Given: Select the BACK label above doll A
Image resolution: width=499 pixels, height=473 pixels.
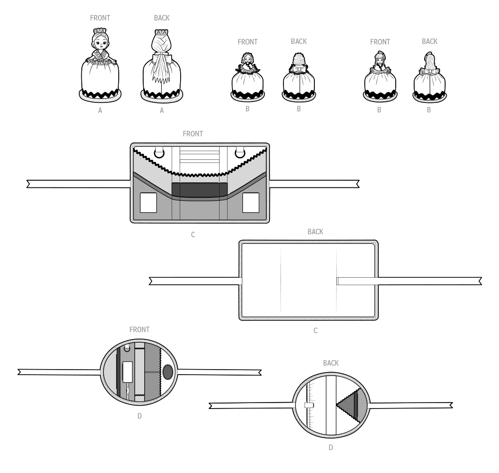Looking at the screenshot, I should tap(162, 18).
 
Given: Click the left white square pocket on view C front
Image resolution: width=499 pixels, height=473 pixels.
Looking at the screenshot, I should tap(148, 203).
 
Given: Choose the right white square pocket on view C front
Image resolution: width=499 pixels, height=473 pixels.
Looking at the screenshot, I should tap(250, 203).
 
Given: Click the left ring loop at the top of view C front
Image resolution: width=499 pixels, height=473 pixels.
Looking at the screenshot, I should tap(159, 152).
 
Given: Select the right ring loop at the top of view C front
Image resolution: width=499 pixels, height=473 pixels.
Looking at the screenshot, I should tap(240, 152).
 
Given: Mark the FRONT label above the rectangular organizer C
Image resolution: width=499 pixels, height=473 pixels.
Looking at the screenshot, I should tap(193, 134).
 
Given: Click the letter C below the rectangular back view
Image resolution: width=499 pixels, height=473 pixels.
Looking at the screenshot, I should tap(315, 331).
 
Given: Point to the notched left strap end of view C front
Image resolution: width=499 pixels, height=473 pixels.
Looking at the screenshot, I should tap(30, 184).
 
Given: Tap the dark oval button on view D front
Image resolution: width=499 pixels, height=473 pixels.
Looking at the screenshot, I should tap(168, 372).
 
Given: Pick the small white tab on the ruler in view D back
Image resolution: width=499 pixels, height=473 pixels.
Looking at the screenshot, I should tap(309, 405).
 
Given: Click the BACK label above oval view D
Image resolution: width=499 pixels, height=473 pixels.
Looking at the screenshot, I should tap(331, 363).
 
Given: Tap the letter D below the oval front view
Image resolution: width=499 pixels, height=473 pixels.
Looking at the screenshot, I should tap(139, 416).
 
